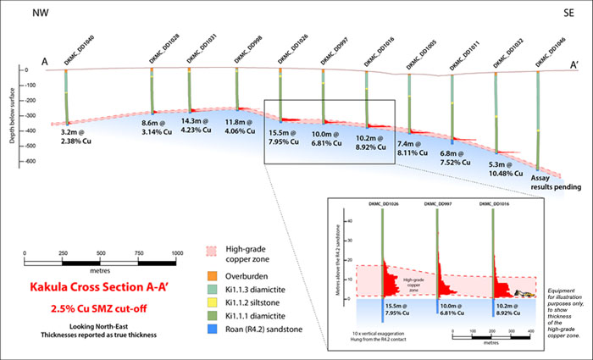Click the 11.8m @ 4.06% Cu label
pyautogui.click(x=241, y=127)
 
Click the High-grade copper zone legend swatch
pyautogui.click(x=211, y=252)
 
